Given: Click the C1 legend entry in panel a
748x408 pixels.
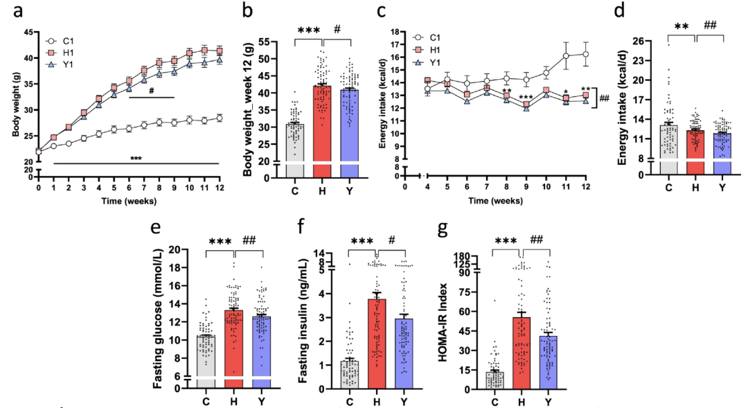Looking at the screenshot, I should pos(64,40).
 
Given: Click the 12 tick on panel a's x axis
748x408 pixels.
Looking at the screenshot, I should pos(220,187).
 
